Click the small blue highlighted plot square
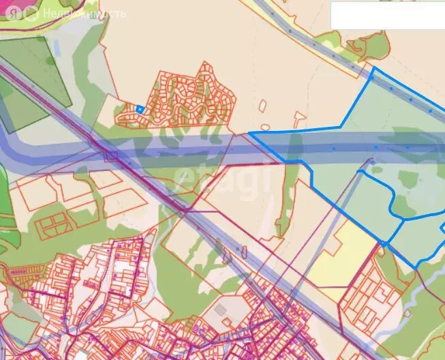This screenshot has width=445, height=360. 140,108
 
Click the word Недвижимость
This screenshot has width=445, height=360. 83,14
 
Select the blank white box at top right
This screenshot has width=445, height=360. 387,16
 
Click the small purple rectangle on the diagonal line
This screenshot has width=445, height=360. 110,155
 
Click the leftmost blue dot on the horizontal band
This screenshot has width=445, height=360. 334,148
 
